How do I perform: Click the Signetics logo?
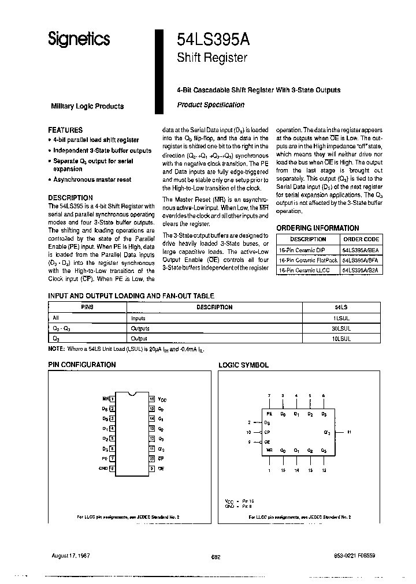(79, 39)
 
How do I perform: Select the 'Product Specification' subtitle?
(210, 105)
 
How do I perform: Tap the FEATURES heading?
(65, 130)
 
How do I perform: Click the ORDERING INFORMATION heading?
(317, 228)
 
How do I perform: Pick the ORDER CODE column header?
(361, 239)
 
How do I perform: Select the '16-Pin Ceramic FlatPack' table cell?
(307, 260)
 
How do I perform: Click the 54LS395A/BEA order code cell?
(361, 250)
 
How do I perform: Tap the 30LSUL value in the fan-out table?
(342, 328)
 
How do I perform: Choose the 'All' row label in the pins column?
(56, 317)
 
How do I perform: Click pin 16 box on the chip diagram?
(151, 399)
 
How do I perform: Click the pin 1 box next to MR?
(112, 399)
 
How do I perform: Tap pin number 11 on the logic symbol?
(350, 432)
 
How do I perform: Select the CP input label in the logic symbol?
(268, 432)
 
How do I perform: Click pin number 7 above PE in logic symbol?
(269, 395)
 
